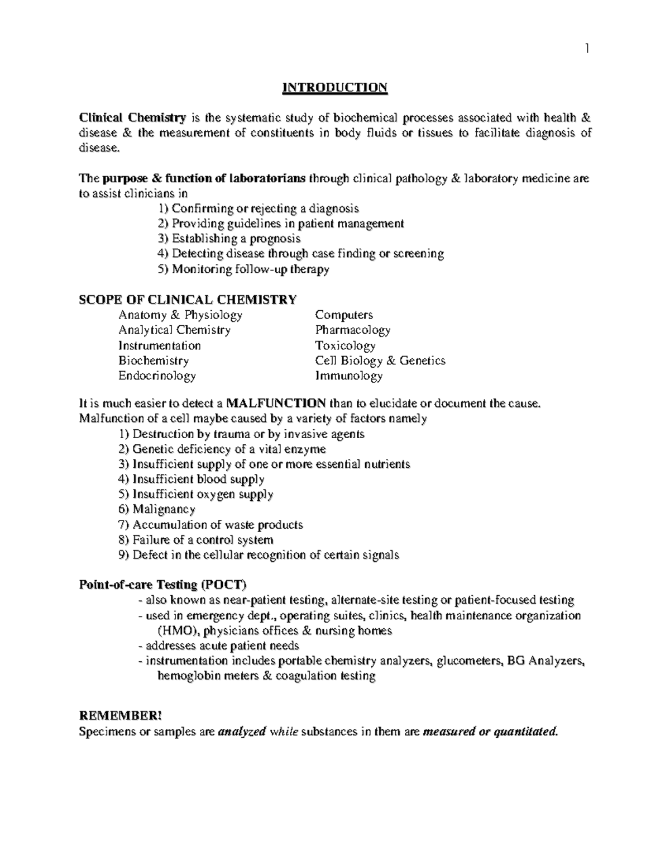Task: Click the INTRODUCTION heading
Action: tap(334, 88)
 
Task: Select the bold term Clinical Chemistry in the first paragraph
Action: tap(132, 118)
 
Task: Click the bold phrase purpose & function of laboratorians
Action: tap(204, 179)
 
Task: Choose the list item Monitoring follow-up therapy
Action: tap(243, 269)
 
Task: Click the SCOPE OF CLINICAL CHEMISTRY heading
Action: tap(188, 300)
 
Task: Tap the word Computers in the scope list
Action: tap(343, 315)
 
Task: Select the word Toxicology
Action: tap(344, 345)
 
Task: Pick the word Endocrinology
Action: tap(157, 376)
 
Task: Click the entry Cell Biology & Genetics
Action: tap(380, 361)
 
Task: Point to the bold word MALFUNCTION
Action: tap(276, 404)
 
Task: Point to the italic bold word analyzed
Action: tap(241, 732)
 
